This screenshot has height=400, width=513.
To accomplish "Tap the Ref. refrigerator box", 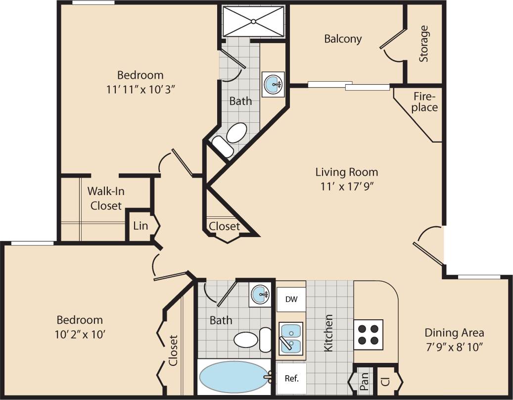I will pyautogui.click(x=291, y=378).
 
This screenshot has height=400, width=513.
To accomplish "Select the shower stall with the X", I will pyautogui.click(x=253, y=21).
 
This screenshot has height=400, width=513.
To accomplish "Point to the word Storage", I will pyautogui.click(x=423, y=44).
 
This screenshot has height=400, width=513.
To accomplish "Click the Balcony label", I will pyautogui.click(x=343, y=39).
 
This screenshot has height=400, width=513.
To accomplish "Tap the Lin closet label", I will pyautogui.click(x=140, y=226).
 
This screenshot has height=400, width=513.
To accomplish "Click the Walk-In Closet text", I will pyautogui.click(x=104, y=198).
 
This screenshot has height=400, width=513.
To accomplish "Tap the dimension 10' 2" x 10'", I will pyautogui.click(x=79, y=334).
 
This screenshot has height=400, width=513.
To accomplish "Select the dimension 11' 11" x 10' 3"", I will pyautogui.click(x=140, y=90).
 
